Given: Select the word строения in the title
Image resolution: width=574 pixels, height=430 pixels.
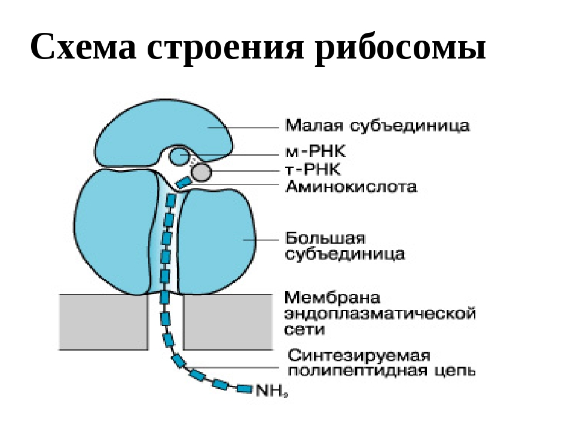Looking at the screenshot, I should pos(227,48).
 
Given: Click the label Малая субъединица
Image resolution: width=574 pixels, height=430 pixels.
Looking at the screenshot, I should pos(377,126).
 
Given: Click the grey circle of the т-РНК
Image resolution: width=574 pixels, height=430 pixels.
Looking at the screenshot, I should pos(202,173).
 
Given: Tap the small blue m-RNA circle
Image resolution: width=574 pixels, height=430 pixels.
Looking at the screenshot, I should pos(178,157).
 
